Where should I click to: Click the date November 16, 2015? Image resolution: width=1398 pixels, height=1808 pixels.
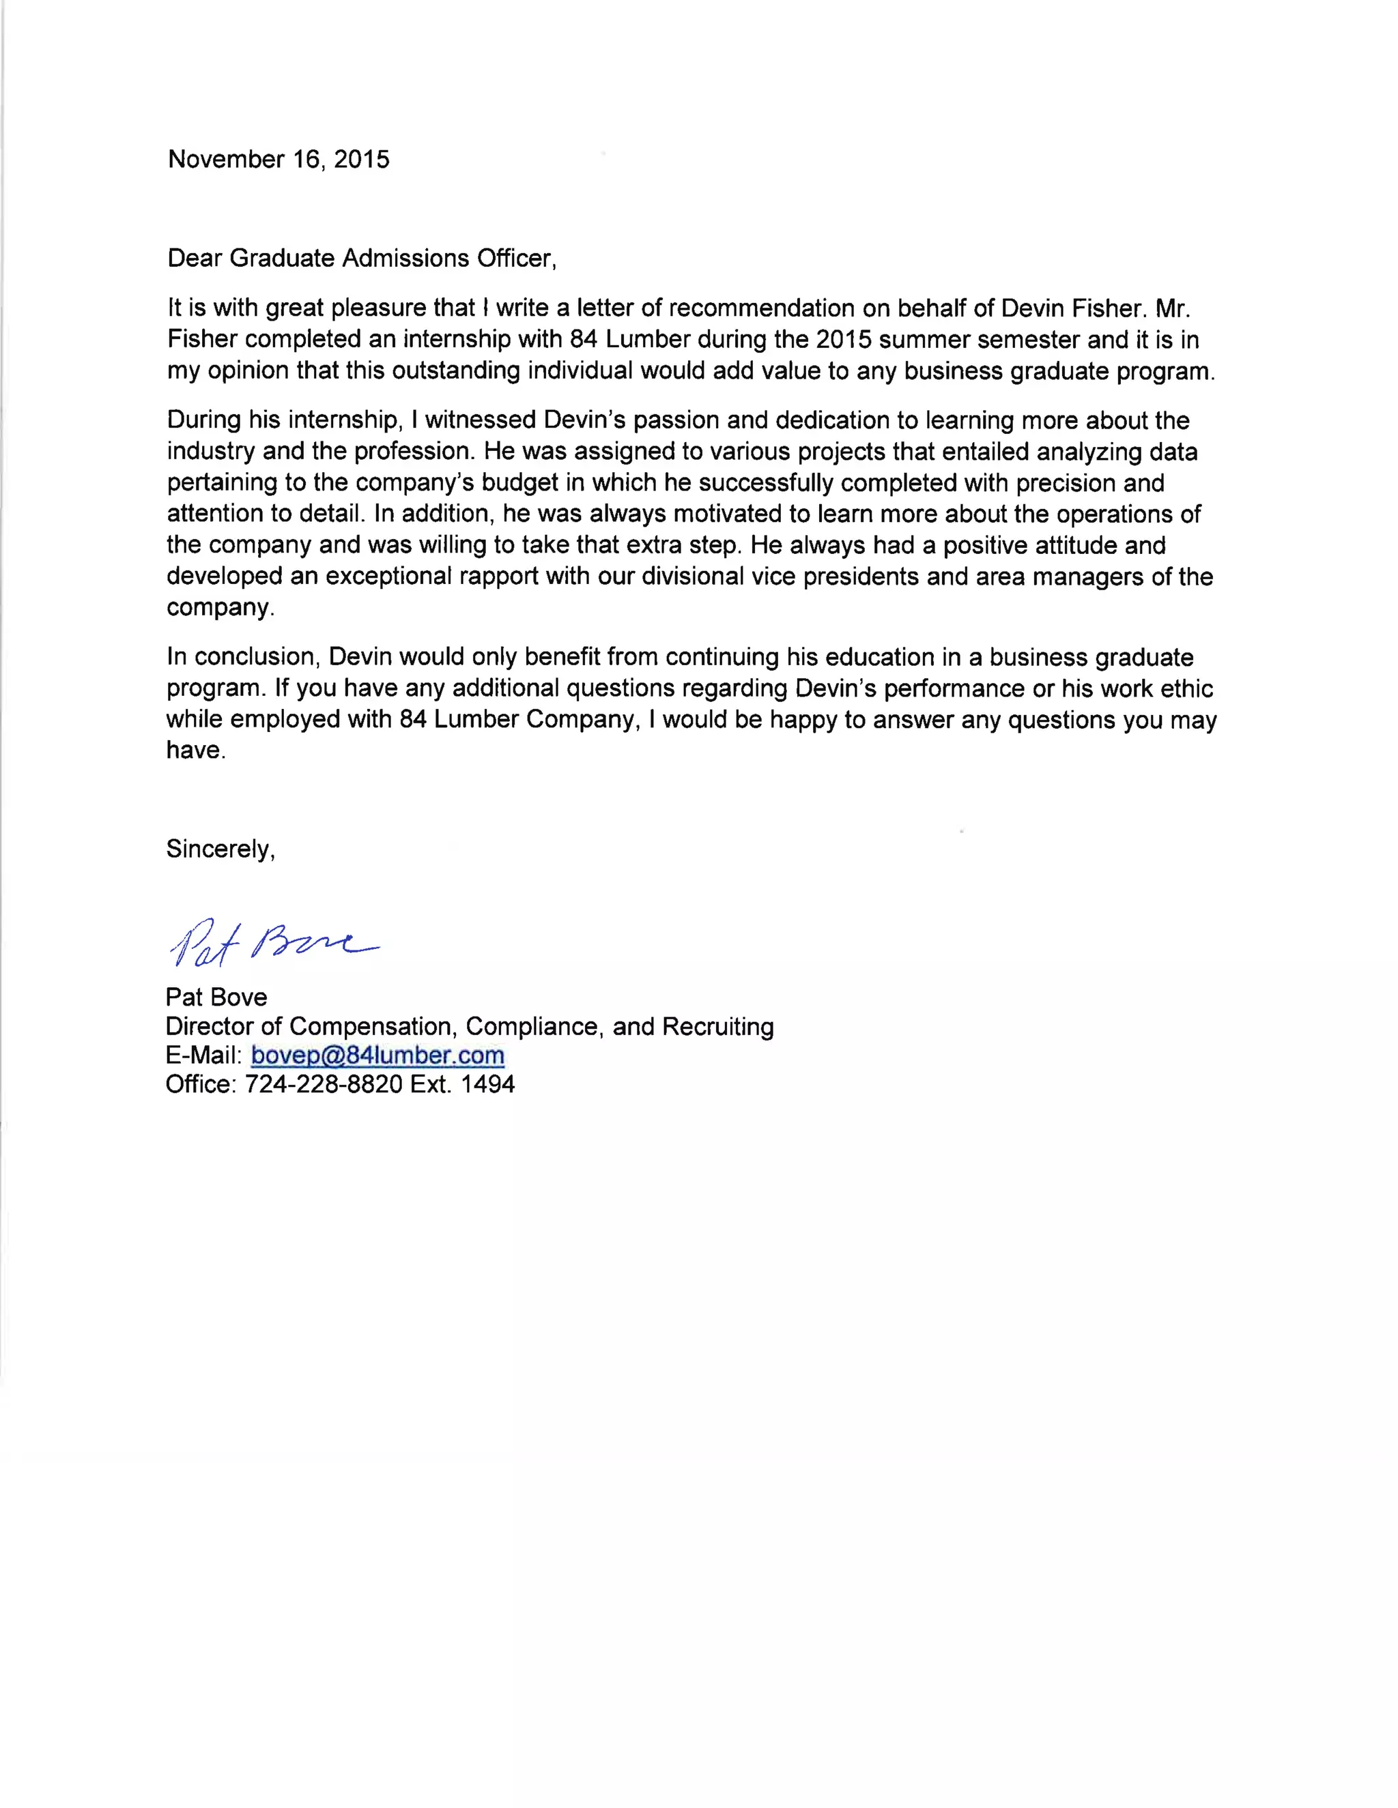click(279, 159)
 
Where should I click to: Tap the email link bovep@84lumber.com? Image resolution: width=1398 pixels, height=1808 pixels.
click(377, 1055)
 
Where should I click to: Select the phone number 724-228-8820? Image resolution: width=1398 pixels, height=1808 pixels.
click(324, 1085)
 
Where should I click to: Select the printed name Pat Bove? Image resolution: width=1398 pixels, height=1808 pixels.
click(216, 997)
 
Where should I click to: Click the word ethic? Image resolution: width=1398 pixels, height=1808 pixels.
click(1185, 689)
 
